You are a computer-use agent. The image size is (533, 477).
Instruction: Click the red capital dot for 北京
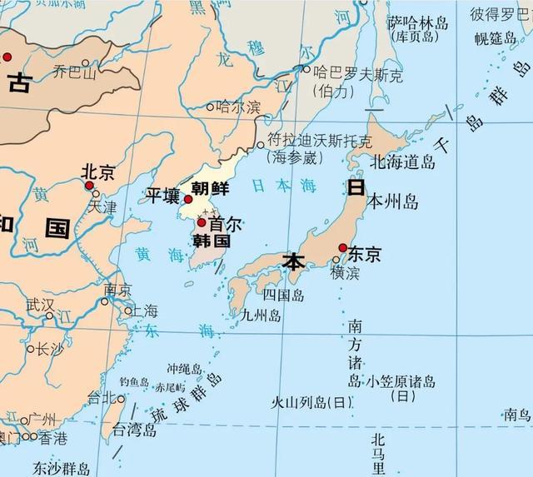click(x=89, y=185)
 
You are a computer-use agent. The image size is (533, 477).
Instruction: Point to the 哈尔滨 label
click(x=238, y=107)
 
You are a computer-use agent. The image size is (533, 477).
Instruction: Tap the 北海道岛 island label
click(x=403, y=161)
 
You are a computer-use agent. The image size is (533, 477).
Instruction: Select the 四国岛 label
click(x=283, y=296)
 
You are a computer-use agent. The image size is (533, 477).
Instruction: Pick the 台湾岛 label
click(x=135, y=430)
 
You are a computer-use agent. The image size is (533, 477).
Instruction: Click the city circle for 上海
click(x=128, y=311)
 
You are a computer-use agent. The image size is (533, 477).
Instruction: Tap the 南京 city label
click(x=117, y=290)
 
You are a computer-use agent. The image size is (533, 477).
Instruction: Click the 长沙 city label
click(x=49, y=349)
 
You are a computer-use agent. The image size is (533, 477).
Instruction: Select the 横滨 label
click(x=348, y=272)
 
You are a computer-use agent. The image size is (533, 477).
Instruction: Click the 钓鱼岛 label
click(x=133, y=381)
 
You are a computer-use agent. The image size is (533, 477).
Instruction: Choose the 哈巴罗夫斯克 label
click(x=352, y=76)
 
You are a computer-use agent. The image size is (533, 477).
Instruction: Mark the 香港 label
click(x=52, y=436)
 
